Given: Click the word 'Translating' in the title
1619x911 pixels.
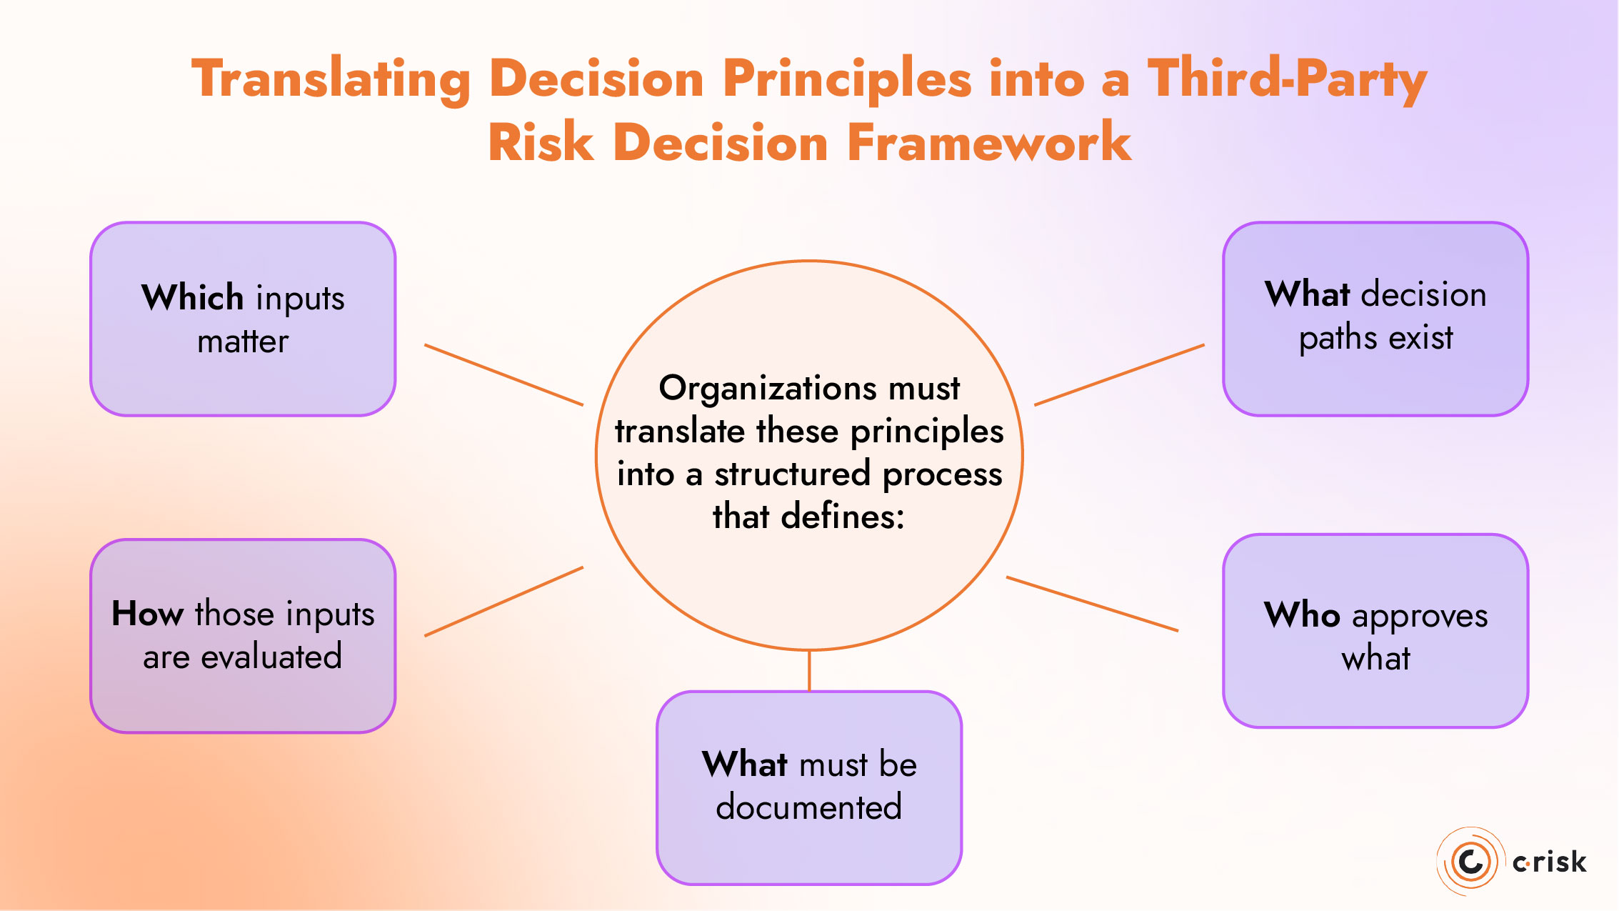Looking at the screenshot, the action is pos(331,80).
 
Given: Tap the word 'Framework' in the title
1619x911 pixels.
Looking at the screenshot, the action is pos(989,143).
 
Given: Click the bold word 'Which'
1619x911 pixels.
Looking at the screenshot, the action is pos(193,297).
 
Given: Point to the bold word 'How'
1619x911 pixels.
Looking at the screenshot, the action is pos(148,614).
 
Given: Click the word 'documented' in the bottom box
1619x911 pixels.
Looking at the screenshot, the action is pos(808,807).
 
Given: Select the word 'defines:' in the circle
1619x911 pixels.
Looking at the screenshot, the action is pos(843,517).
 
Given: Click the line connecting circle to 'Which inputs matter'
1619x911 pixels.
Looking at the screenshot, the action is pos(503,375).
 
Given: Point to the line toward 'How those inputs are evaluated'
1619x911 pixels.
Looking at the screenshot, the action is pos(503,602).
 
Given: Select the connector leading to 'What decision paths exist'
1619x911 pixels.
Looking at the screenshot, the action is pos(1119,375).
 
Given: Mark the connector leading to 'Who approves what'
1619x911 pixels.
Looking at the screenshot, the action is pos(1092,604).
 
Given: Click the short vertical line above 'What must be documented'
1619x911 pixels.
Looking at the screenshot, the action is pos(809,670).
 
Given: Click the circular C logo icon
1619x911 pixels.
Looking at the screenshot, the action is pos(1470,862).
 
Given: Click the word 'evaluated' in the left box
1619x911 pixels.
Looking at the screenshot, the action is pos(271,657).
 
